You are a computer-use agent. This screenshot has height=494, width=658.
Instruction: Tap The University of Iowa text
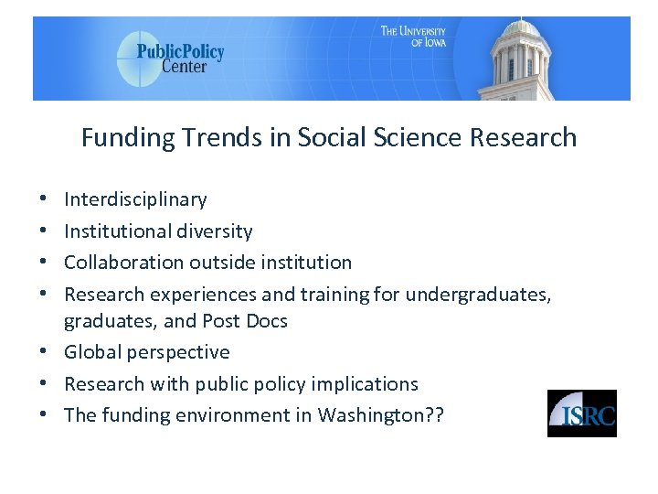point(413,37)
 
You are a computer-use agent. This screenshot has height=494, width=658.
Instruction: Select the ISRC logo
point(581,413)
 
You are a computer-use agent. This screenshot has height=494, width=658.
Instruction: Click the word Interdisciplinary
point(135,199)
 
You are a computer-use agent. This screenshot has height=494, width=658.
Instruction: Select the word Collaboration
point(123,263)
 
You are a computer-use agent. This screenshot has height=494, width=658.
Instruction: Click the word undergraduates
point(477,295)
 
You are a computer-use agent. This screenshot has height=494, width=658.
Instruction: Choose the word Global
point(90,352)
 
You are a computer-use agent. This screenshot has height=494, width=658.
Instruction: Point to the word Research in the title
point(524,138)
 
